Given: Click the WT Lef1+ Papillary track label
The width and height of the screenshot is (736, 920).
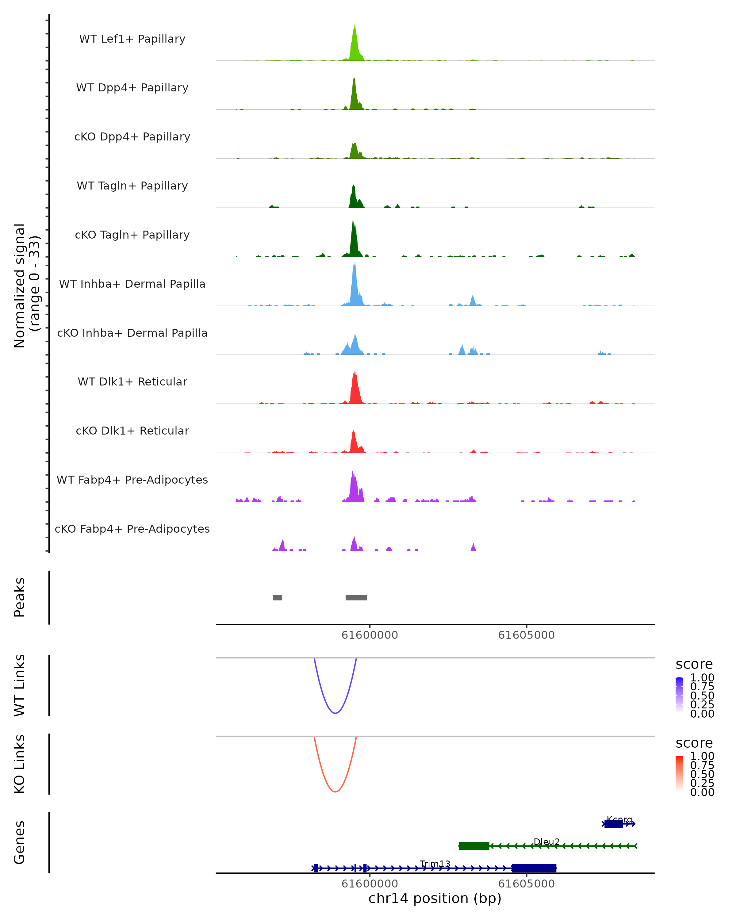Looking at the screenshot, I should pyautogui.click(x=132, y=39).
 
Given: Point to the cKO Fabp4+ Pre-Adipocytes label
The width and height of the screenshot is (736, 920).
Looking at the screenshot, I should pyautogui.click(x=132, y=529).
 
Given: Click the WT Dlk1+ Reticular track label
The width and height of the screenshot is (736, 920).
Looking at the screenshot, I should pyautogui.click(x=132, y=381).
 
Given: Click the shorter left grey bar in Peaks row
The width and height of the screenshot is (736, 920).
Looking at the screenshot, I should pyautogui.click(x=277, y=597).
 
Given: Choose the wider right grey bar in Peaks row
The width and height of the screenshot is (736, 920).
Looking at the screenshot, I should pyautogui.click(x=356, y=597).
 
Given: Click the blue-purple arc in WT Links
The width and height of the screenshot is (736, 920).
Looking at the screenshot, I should pyautogui.click(x=335, y=713).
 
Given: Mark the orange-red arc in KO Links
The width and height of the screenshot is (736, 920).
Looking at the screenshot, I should pyautogui.click(x=335, y=792).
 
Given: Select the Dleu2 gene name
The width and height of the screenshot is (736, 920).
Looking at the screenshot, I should pyautogui.click(x=546, y=841).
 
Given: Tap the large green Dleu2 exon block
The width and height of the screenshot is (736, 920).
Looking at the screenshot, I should pyautogui.click(x=473, y=846).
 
